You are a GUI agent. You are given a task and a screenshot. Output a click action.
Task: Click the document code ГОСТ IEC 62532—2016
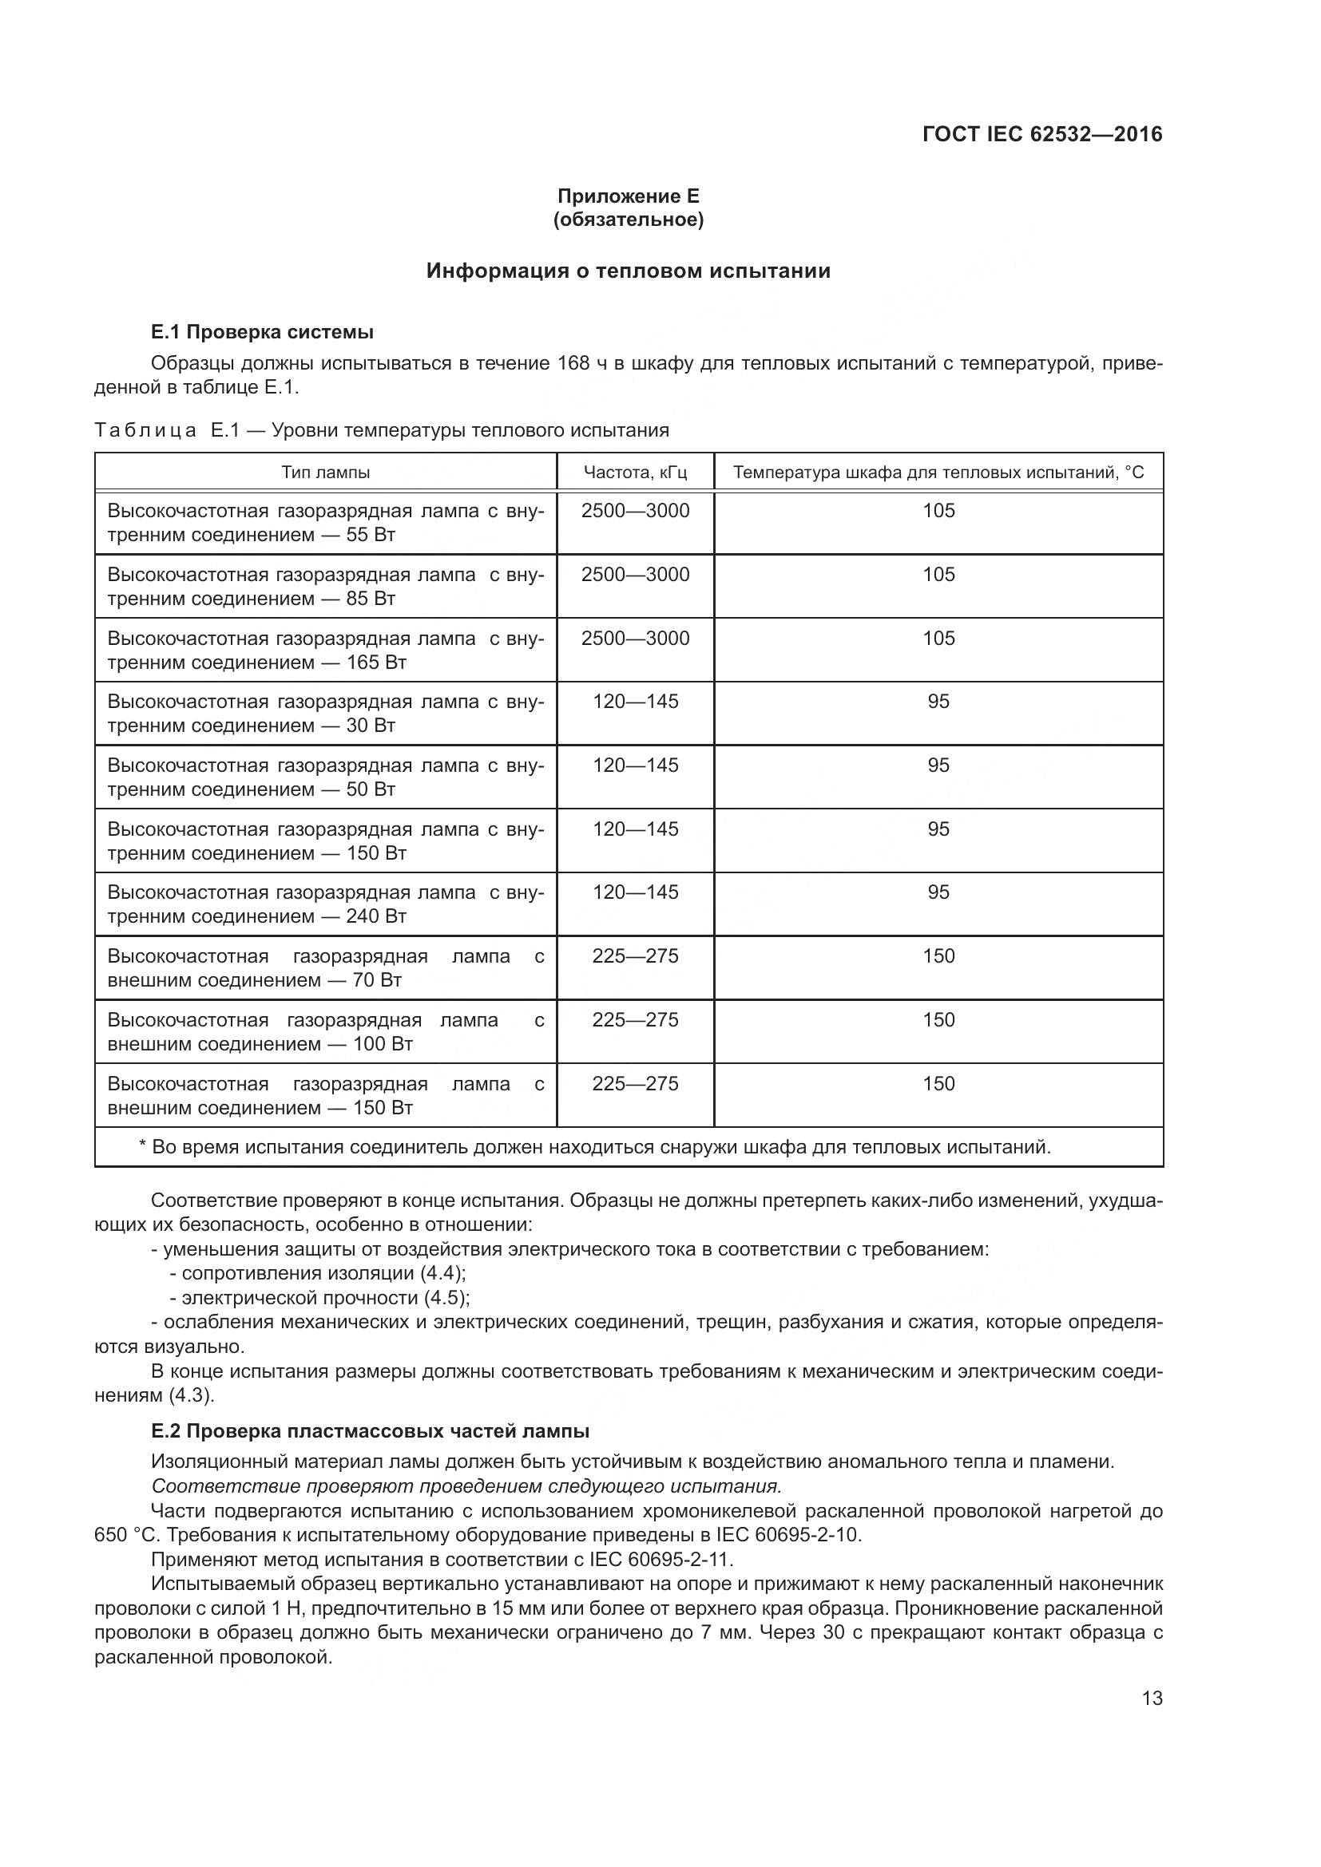tap(1042, 134)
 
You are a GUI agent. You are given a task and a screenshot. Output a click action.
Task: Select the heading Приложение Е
tap(628, 196)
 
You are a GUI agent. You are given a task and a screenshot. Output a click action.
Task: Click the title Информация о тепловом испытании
tap(628, 271)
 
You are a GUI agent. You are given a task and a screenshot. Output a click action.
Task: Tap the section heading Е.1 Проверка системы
tap(262, 332)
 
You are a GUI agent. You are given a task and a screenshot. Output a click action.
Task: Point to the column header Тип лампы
tap(325, 473)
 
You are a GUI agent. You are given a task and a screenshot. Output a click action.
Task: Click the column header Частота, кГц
tap(635, 473)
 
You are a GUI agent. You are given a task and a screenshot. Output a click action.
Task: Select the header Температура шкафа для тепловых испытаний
tap(938, 473)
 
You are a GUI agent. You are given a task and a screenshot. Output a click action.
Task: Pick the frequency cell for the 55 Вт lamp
tap(635, 511)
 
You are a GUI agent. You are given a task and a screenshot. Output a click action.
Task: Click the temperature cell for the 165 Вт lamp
tap(938, 639)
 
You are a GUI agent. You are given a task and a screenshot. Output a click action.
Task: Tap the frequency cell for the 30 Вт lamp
tap(635, 702)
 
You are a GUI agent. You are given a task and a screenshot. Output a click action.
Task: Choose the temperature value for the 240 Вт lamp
tap(938, 892)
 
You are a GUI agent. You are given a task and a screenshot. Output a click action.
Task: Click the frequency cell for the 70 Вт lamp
tap(635, 956)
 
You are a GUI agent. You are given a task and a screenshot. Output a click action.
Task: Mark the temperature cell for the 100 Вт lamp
tap(938, 1019)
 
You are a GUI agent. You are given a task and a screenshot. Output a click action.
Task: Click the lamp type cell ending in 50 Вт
tap(325, 777)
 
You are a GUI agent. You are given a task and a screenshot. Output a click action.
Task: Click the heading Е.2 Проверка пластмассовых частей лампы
tap(370, 1430)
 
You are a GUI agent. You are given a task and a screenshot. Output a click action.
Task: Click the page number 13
tap(1152, 1698)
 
